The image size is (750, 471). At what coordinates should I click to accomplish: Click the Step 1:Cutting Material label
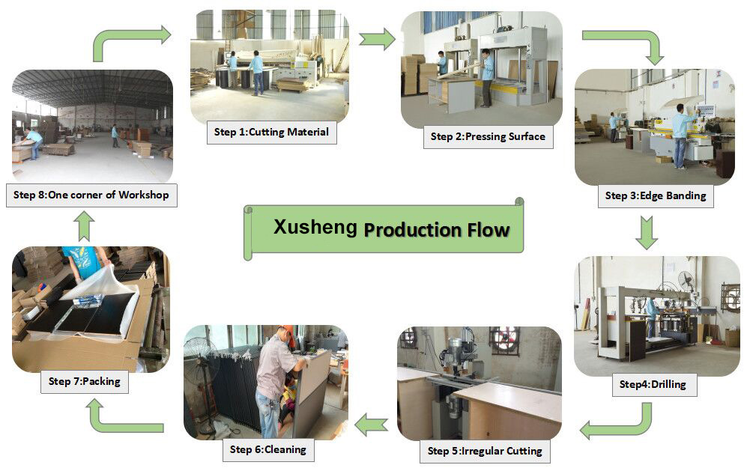click(271, 133)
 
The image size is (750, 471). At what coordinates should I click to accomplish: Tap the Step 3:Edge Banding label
click(656, 196)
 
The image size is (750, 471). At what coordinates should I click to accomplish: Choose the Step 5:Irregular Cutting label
click(484, 451)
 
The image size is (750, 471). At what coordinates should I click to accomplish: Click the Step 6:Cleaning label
click(267, 449)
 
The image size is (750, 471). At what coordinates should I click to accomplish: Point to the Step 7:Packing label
click(84, 381)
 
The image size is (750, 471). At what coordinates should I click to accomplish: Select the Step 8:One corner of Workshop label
click(91, 195)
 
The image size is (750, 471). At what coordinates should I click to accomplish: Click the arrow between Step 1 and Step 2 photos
click(377, 38)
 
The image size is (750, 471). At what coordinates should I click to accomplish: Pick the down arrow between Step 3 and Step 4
click(646, 233)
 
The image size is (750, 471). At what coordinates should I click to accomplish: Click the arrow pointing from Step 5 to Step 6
click(371, 426)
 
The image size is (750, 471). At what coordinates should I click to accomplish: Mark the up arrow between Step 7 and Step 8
click(85, 225)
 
